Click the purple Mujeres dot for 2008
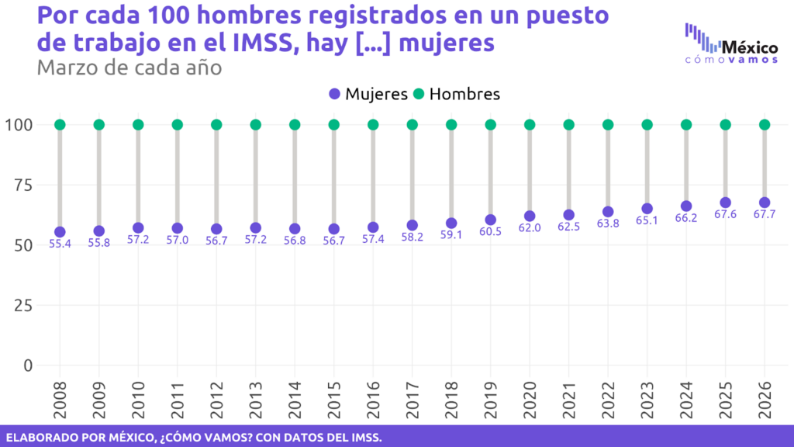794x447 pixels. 60,232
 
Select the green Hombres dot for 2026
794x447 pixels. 765,124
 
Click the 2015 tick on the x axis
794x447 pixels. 334,396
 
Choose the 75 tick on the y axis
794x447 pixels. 21,185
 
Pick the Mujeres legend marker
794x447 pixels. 334,94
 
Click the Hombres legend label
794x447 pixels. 464,94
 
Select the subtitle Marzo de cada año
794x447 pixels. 129,68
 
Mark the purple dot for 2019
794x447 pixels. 491,220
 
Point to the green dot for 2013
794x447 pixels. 256,124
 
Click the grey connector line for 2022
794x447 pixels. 608,167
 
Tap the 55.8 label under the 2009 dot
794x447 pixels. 99,243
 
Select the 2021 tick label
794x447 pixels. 569,396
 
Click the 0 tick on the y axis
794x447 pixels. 28,365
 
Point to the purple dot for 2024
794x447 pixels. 686,206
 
